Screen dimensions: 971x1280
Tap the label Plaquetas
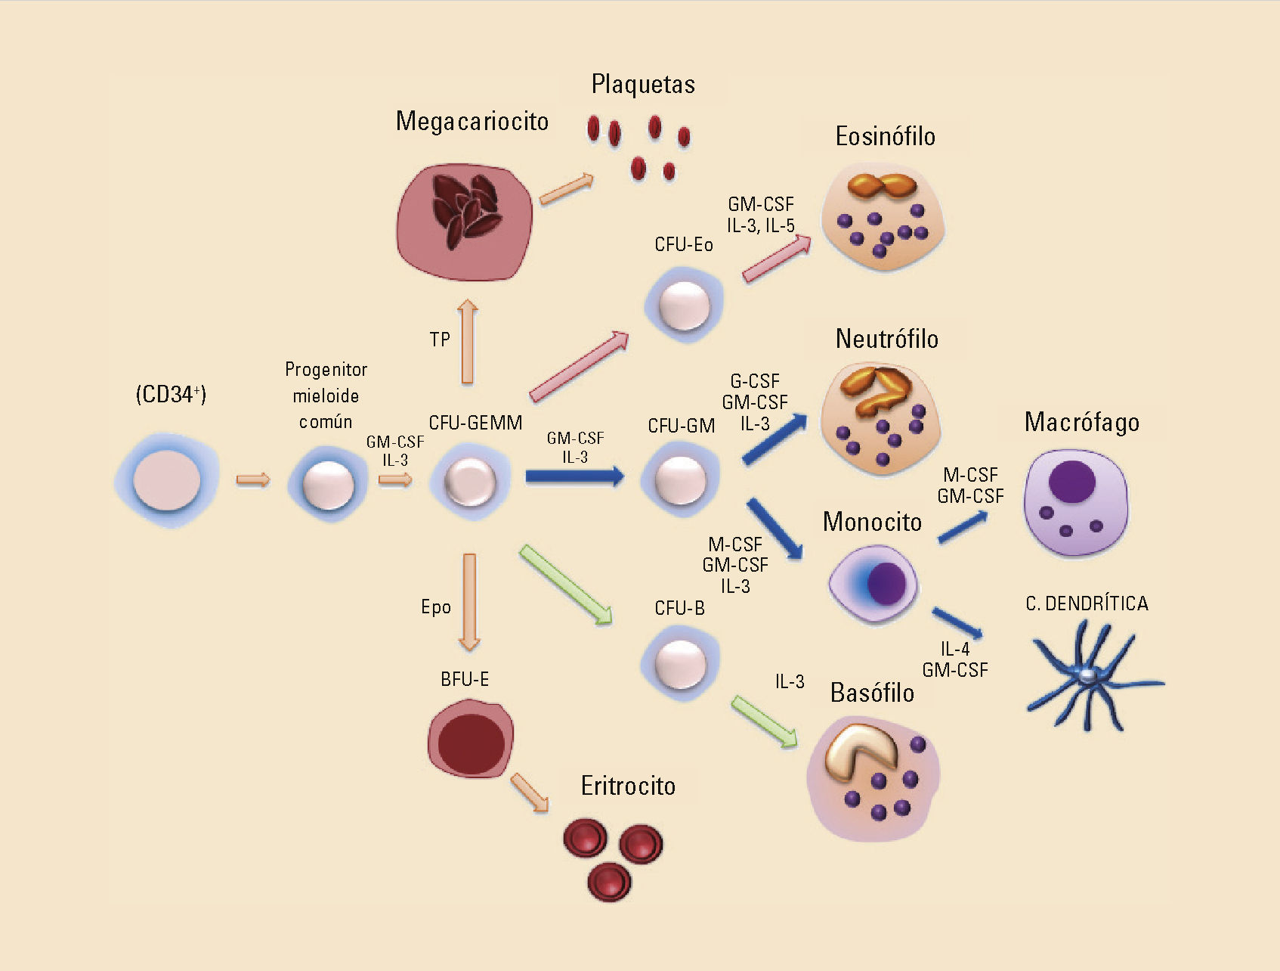[643, 84]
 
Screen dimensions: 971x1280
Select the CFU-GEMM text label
[475, 423]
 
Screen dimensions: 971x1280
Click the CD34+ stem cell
[167, 480]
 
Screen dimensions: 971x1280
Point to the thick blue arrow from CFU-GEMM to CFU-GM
[574, 476]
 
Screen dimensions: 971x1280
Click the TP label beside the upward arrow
[440, 340]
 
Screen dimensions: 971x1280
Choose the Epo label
[436, 607]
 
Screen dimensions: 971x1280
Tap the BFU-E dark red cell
[471, 740]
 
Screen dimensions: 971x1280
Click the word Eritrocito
[628, 786]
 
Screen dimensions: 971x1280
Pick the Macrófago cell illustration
[1075, 503]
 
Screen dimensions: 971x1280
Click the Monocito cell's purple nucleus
[886, 583]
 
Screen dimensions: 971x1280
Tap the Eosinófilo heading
[885, 137]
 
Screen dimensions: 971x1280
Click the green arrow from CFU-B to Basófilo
[764, 722]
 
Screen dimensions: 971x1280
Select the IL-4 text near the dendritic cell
[955, 649]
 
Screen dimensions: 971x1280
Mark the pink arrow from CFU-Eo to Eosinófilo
[776, 259]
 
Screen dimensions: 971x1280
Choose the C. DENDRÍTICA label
[1087, 603]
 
